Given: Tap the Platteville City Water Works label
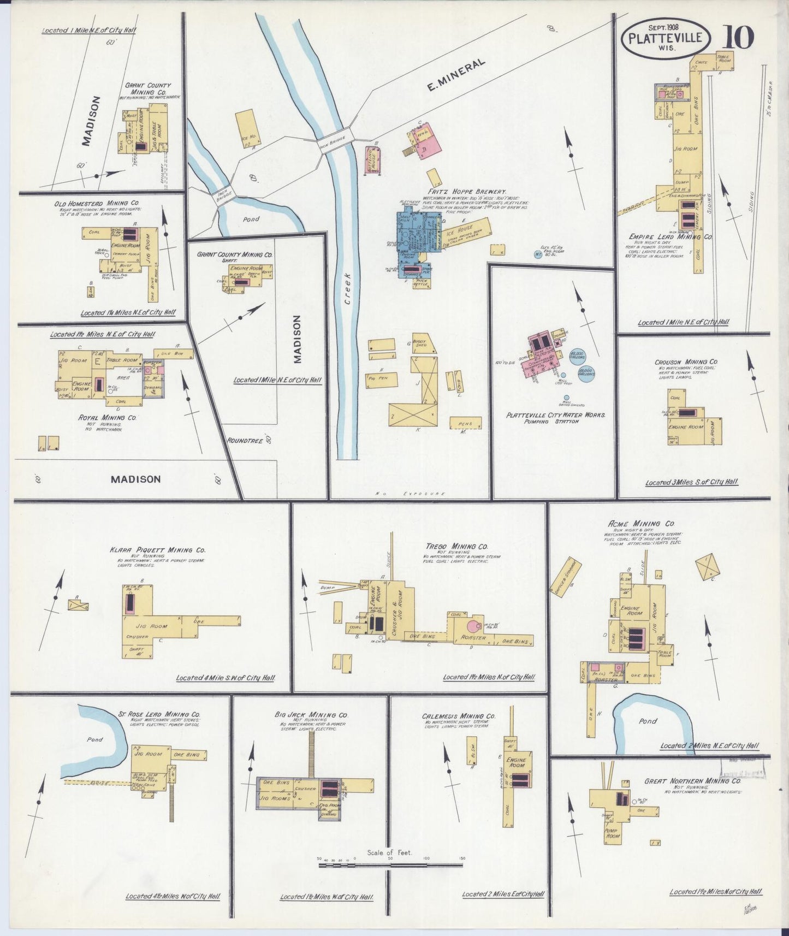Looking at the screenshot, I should (x=555, y=415).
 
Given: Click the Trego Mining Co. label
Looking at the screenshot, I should (x=456, y=546).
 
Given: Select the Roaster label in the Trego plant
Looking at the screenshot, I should (x=472, y=637).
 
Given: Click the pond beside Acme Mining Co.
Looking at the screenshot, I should (x=650, y=721).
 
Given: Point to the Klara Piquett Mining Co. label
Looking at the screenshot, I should (x=157, y=550).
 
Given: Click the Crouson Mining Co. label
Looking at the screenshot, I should (x=686, y=362).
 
